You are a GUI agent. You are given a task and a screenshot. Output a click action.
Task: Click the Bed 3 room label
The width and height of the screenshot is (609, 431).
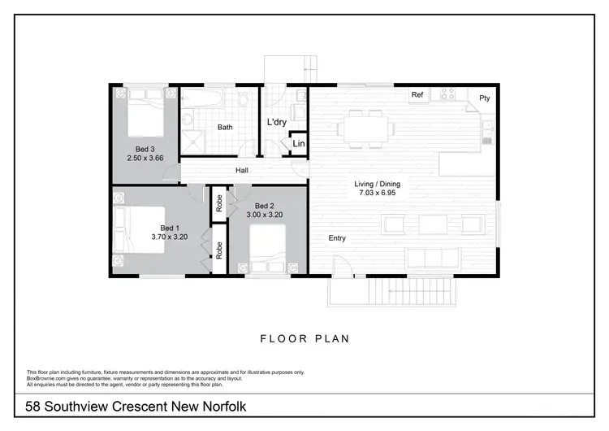140,149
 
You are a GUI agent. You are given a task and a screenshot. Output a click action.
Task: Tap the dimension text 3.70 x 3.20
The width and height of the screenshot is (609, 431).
170,237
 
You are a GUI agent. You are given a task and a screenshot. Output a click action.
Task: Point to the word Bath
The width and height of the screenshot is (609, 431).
225,128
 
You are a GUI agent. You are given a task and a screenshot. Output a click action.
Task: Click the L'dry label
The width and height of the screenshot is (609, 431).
276,123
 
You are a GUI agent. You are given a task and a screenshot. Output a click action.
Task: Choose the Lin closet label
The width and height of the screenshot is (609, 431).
298,144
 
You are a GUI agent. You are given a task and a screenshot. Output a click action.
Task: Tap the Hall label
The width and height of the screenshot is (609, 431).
242,171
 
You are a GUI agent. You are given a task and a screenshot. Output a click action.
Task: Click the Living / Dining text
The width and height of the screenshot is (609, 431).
377,185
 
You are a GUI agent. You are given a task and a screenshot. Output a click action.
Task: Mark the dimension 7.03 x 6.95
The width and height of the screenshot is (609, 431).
377,194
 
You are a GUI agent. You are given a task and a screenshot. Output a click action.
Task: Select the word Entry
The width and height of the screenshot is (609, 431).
338,238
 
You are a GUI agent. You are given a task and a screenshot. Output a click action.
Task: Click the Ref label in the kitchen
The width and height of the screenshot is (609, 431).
417,95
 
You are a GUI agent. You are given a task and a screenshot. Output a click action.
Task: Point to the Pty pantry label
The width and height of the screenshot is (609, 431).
485,98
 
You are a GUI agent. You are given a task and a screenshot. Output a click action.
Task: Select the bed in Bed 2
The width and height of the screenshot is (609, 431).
267,247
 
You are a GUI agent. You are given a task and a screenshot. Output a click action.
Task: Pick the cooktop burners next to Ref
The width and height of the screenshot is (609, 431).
447,95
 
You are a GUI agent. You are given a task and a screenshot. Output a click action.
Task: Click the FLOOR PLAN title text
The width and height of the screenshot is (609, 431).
304,338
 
